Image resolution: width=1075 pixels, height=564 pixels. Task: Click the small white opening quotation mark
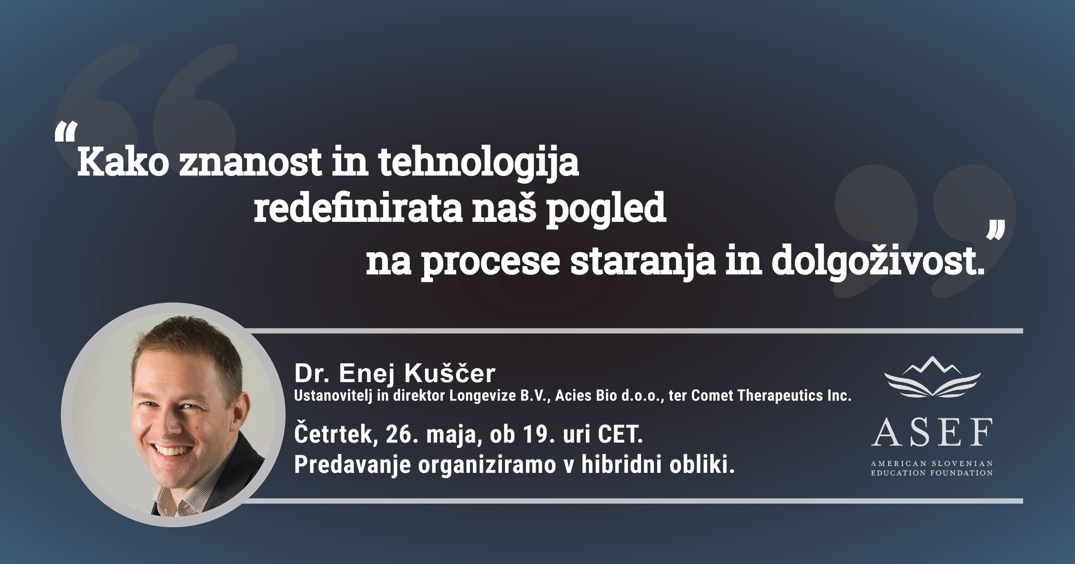(66, 133)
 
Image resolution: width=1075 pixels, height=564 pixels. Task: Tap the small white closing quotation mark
(996, 232)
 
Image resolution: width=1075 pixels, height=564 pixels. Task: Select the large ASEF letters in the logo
(932, 432)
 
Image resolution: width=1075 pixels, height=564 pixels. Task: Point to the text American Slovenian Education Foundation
(932, 468)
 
